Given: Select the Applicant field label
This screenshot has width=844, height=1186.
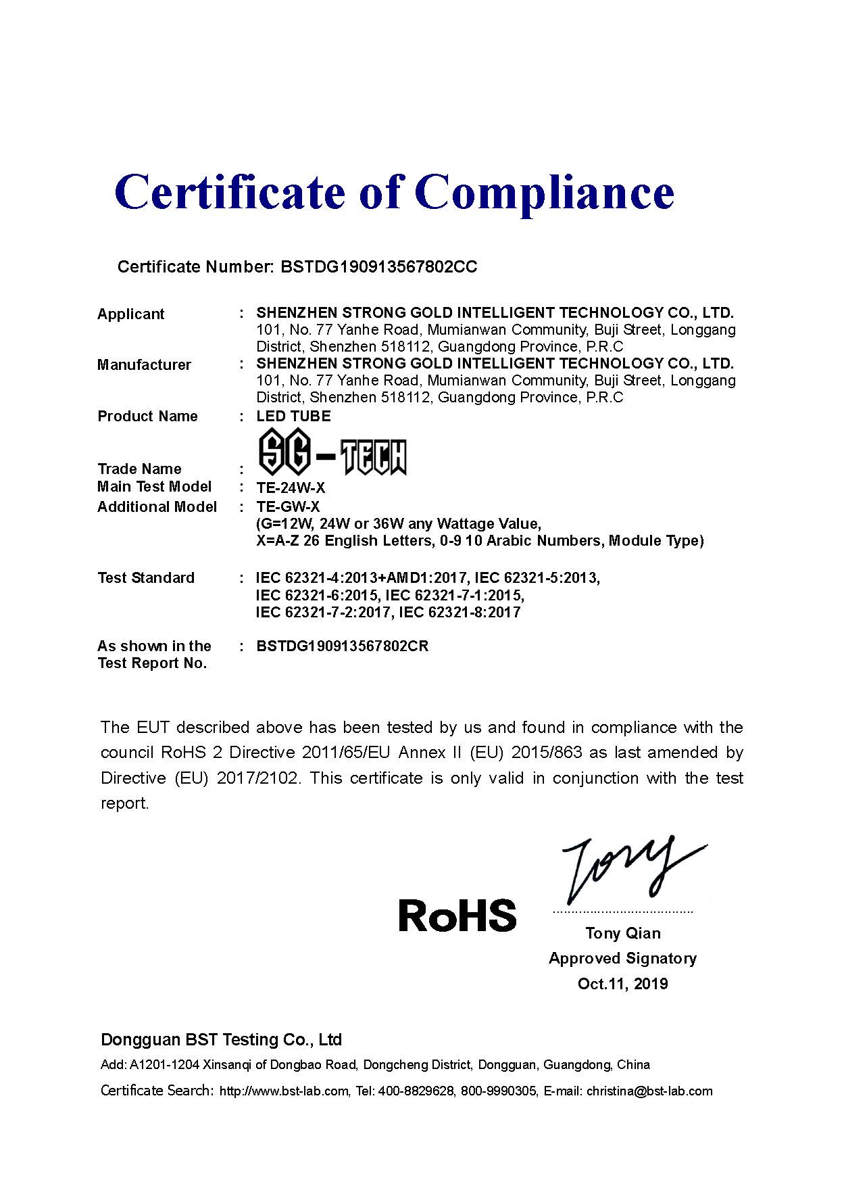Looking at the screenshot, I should click(x=130, y=314).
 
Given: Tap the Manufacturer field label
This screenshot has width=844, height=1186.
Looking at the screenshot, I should click(x=144, y=365).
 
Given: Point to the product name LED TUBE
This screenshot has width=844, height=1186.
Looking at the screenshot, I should click(x=293, y=417).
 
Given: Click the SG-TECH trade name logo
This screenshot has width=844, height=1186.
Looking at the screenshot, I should click(x=332, y=454).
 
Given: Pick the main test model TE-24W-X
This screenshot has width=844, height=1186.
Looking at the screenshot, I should click(x=291, y=488).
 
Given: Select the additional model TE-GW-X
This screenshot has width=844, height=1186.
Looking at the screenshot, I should click(x=288, y=507).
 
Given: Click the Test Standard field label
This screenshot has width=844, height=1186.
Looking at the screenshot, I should click(x=146, y=578).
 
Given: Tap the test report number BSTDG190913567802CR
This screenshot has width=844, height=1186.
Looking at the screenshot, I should click(x=343, y=646).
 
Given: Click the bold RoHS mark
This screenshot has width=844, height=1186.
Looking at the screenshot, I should click(x=457, y=916).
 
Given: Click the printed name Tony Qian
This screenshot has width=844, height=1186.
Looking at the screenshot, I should click(x=622, y=934).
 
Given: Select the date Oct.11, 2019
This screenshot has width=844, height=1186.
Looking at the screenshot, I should click(x=622, y=984).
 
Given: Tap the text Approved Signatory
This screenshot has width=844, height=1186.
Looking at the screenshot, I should click(x=622, y=959).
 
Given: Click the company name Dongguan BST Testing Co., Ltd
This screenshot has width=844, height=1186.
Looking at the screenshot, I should click(x=221, y=1040).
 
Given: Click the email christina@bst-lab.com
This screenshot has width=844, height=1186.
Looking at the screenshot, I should click(x=649, y=1091).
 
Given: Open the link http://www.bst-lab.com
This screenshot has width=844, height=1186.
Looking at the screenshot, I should click(x=284, y=1091).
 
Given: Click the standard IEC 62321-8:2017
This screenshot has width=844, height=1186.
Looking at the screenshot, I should click(x=460, y=613).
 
